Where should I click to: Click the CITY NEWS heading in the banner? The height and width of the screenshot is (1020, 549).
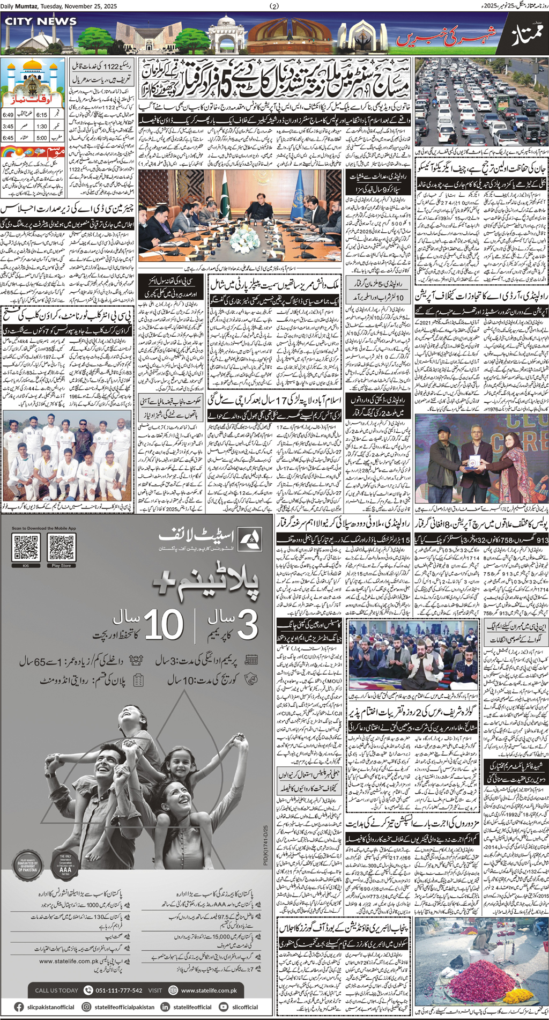41,21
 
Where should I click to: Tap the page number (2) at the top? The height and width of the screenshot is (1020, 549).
274,6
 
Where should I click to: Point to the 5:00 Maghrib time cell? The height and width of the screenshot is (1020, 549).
41,138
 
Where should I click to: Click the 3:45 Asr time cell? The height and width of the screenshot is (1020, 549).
8,127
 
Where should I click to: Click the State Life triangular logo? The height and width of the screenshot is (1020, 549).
249,540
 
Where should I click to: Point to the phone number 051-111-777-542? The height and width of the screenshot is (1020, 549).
118,990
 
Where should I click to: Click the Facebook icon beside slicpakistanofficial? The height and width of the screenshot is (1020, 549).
19,1007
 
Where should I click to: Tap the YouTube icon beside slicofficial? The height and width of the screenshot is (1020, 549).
223,1007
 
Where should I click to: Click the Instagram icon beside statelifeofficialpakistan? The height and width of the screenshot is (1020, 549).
86,1007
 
